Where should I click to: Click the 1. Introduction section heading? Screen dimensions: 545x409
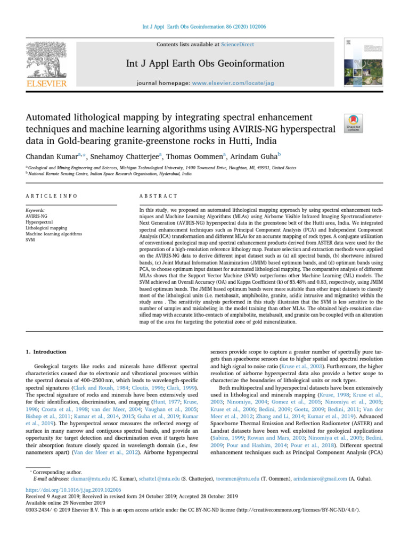46,352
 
